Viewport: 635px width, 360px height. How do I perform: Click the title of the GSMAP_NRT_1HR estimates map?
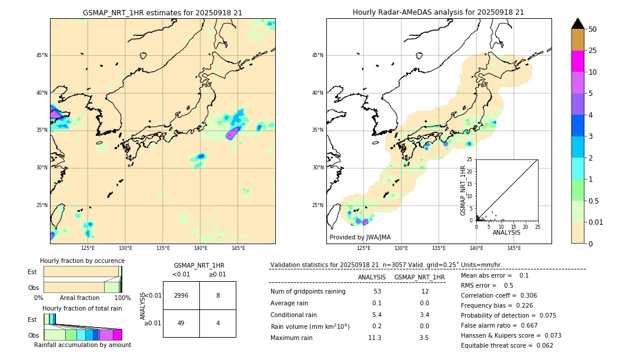(x=162, y=12)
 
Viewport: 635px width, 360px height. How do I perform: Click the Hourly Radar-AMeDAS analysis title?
(x=438, y=12)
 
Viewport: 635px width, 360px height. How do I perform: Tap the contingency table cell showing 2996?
(x=181, y=295)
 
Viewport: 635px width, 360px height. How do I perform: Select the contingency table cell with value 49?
(x=181, y=323)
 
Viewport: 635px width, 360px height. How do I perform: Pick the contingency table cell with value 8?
(x=218, y=295)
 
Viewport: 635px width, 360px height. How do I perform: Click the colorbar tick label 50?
(x=593, y=29)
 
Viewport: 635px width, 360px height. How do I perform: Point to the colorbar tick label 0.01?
(x=596, y=222)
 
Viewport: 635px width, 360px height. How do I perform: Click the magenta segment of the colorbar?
(x=578, y=61)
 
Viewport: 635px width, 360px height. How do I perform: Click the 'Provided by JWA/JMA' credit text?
(x=360, y=237)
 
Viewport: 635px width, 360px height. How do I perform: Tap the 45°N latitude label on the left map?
(x=42, y=55)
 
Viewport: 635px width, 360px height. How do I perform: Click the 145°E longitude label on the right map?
(x=514, y=248)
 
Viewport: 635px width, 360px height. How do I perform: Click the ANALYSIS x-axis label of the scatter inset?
(x=506, y=232)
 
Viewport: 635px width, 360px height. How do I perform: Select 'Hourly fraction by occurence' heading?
(x=82, y=261)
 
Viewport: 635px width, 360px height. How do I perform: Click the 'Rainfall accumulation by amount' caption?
(x=82, y=345)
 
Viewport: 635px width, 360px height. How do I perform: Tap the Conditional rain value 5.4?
(x=377, y=315)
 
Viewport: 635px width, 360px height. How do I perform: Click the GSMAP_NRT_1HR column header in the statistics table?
(x=419, y=277)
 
